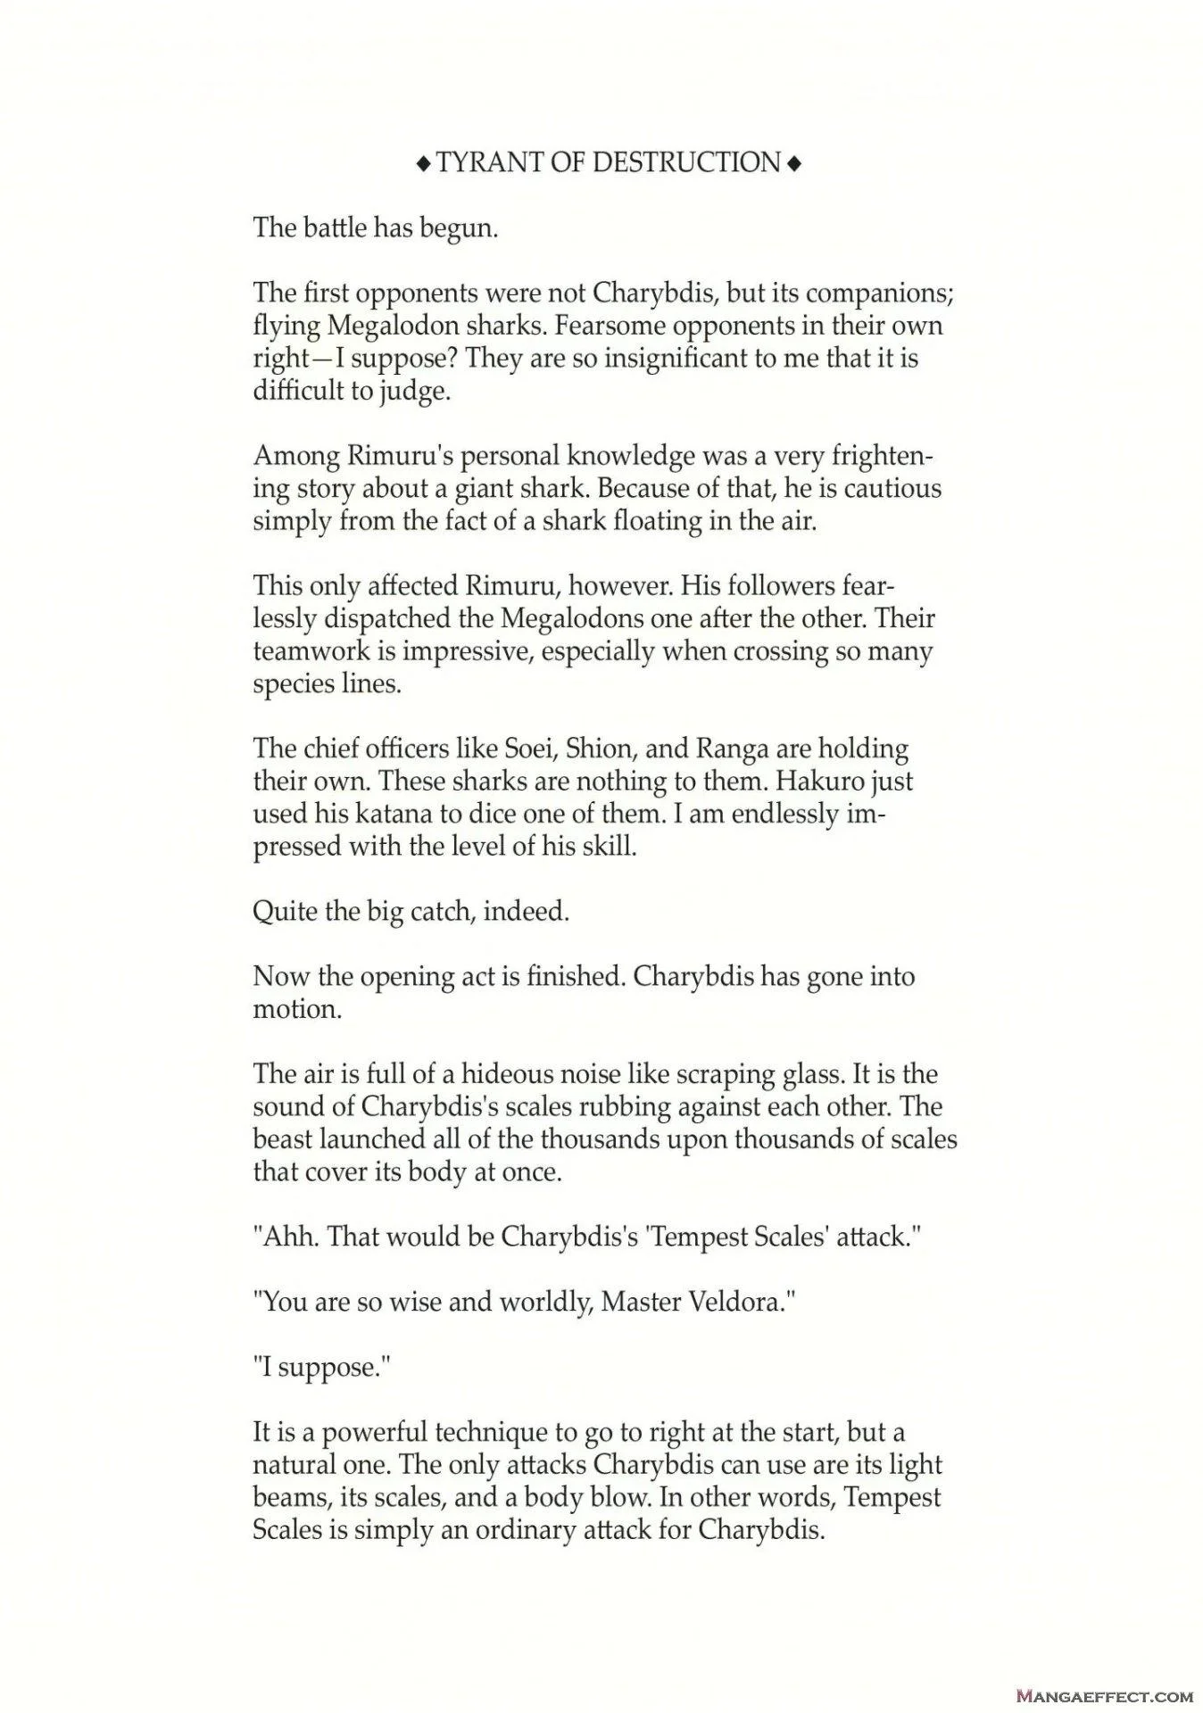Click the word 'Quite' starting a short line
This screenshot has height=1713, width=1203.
click(x=284, y=912)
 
